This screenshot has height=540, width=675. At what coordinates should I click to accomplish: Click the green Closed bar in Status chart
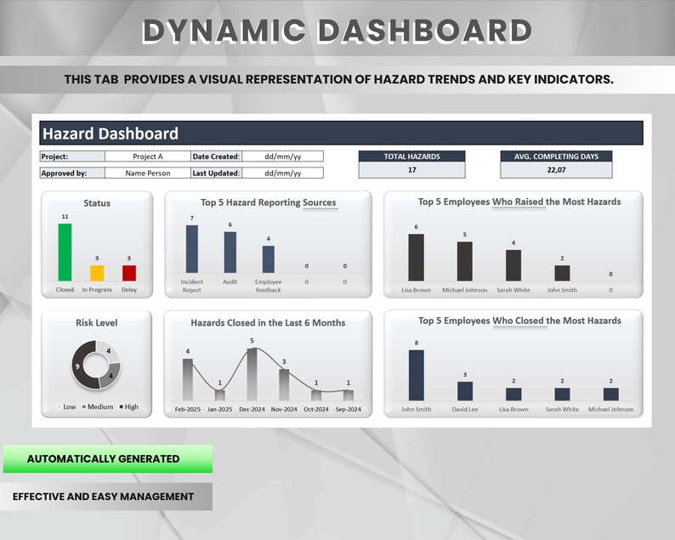(65, 252)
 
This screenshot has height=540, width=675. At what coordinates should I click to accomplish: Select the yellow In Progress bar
(97, 273)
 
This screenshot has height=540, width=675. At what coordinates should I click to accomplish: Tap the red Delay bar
(129, 273)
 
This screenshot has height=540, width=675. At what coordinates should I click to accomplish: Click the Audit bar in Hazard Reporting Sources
(230, 252)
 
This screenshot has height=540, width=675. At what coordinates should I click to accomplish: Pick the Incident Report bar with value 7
(192, 248)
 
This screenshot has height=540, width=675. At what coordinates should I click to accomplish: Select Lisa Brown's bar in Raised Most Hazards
(416, 257)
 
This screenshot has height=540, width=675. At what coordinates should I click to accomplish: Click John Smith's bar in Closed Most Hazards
(416, 375)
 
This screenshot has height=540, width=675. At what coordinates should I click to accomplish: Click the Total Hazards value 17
(411, 169)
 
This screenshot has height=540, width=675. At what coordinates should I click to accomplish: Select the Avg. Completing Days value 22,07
(556, 169)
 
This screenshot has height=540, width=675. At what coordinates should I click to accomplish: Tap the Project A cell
(148, 156)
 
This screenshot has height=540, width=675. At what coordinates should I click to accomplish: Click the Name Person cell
(148, 173)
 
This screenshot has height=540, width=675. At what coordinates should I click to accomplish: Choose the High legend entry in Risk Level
(128, 406)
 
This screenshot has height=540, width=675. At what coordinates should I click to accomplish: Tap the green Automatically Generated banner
(107, 459)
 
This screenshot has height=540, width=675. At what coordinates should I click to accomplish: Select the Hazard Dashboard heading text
(111, 134)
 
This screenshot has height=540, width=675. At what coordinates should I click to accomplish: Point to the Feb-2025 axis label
(187, 409)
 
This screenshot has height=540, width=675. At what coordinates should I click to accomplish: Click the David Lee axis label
(464, 409)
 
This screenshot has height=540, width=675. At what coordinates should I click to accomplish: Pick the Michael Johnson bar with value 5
(464, 261)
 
